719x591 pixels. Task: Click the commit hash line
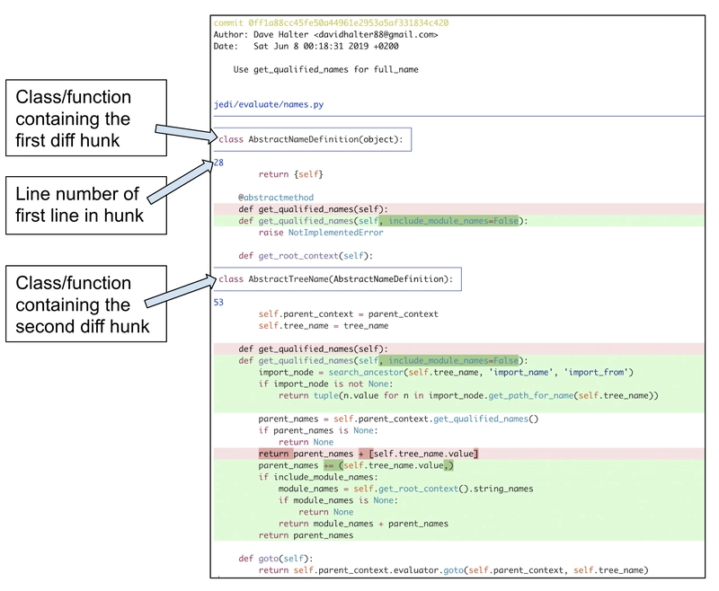tap(331, 22)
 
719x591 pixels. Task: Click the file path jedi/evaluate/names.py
tap(269, 104)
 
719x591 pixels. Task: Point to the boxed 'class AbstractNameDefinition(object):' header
tap(313, 139)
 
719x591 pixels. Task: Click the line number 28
tap(218, 163)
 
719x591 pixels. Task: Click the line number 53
tap(218, 303)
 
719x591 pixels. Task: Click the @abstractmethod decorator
tap(276, 198)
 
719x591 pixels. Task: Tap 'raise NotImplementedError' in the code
tap(321, 233)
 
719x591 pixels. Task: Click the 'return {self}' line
tap(290, 174)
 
